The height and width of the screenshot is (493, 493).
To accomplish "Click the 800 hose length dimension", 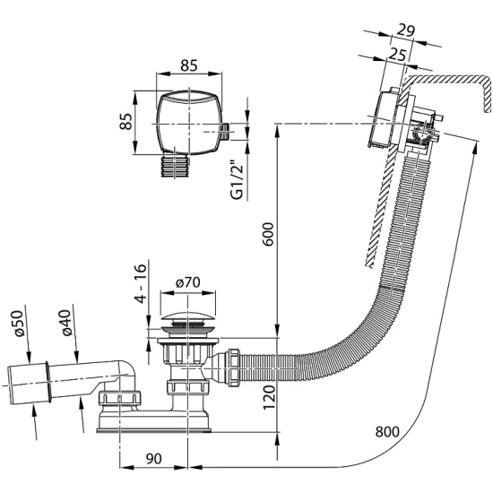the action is click(x=387, y=431).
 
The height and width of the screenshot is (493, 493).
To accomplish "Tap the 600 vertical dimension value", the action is click(x=268, y=234).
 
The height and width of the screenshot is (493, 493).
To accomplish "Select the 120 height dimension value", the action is click(x=269, y=397).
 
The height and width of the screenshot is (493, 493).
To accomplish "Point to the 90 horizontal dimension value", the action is click(x=154, y=459).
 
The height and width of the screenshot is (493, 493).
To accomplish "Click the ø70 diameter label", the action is click(x=188, y=282).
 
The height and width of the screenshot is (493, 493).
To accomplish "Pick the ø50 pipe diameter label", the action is click(x=18, y=324).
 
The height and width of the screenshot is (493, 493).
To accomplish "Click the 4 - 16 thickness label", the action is click(x=141, y=283).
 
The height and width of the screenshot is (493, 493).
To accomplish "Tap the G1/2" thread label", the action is click(x=237, y=180).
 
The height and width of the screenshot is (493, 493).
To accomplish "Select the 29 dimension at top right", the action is click(x=406, y=30).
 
